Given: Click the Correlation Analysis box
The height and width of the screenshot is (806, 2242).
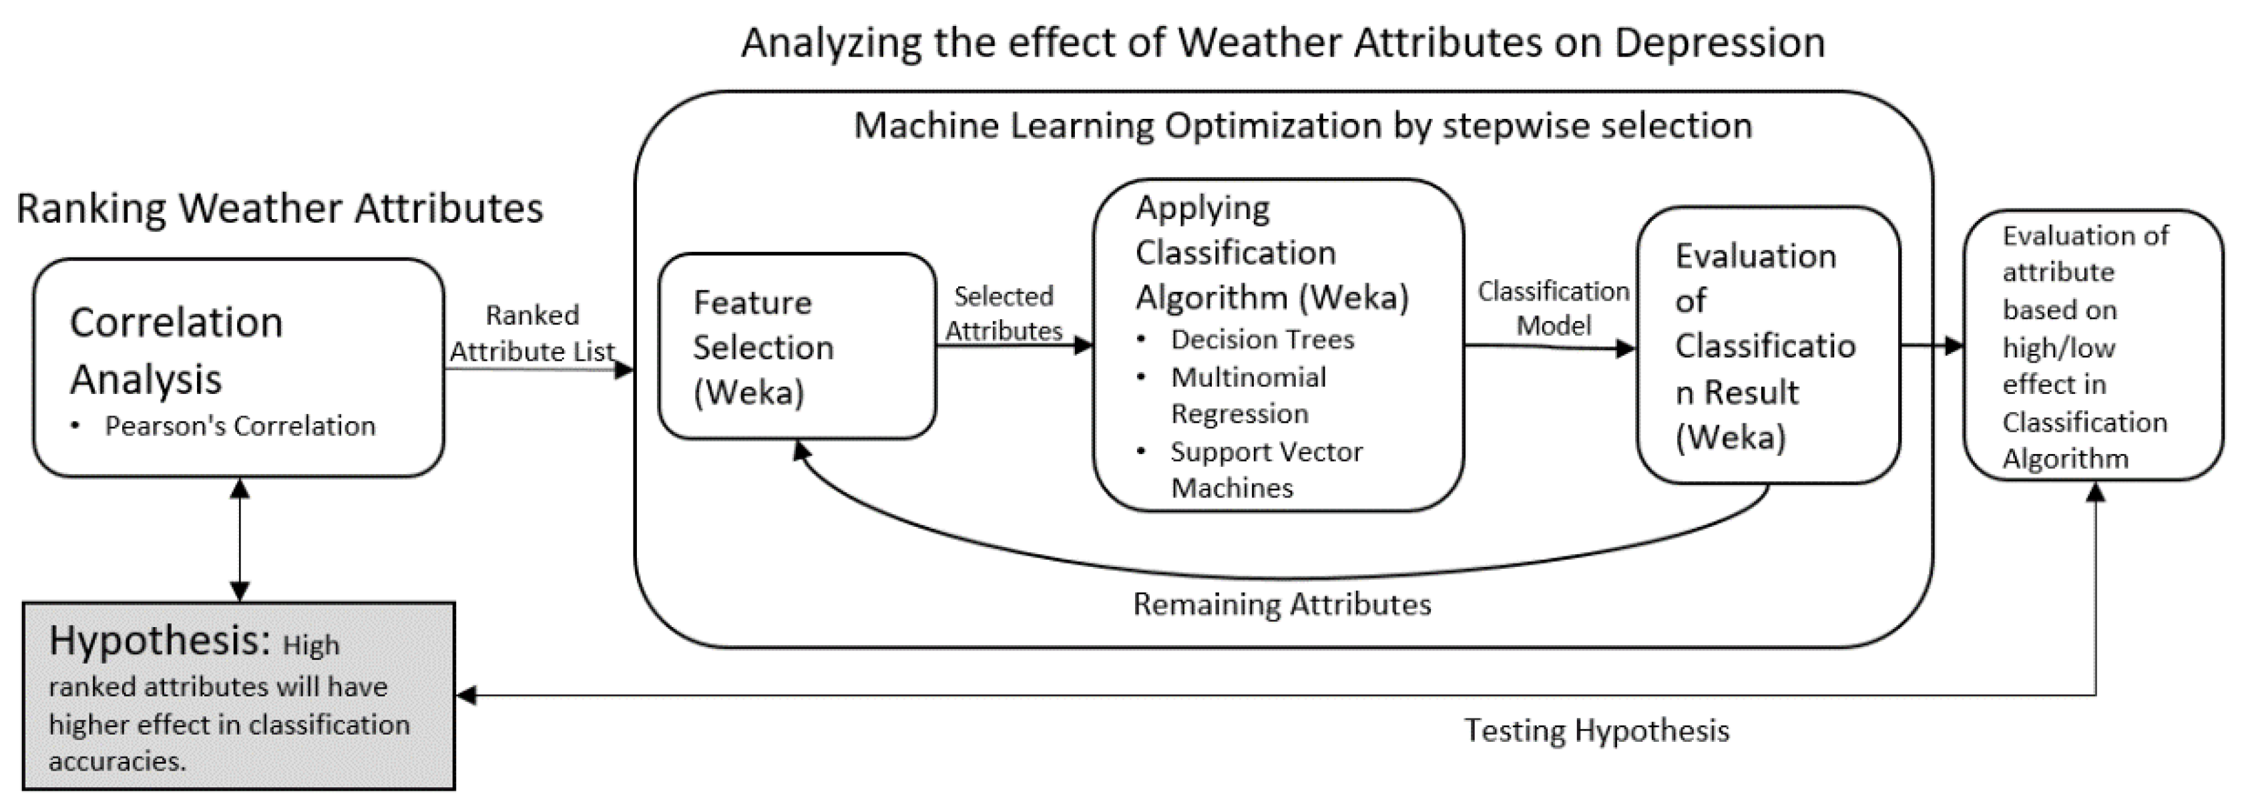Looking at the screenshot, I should (238, 367).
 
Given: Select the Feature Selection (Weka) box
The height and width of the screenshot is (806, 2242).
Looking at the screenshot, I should (797, 347).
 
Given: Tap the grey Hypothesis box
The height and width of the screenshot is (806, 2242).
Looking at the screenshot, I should (238, 696).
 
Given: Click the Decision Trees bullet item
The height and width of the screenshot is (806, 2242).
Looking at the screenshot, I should (1261, 339).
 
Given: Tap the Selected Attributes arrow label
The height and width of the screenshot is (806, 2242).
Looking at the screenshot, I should (1003, 313).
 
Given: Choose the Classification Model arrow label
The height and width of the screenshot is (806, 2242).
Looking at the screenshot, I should (1553, 308).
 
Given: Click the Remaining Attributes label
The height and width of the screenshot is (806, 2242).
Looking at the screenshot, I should (1281, 604).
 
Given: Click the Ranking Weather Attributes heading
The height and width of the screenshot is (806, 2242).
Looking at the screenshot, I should (279, 209).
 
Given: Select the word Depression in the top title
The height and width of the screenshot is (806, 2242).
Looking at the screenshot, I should (1719, 43).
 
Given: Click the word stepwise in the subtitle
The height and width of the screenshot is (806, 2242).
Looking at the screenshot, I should (1511, 126).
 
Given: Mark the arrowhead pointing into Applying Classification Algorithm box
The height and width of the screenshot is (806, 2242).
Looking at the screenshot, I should (1084, 345).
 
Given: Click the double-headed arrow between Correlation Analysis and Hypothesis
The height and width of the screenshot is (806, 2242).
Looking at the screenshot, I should (239, 540).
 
